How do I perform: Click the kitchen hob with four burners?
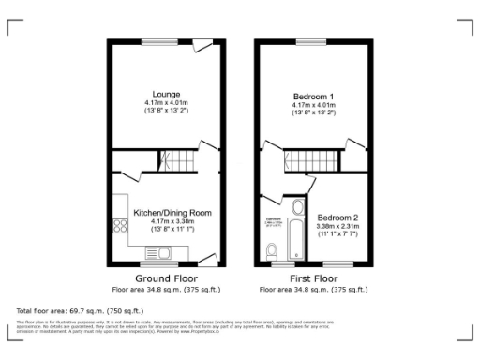(120, 225)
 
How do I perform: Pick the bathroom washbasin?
(298, 207)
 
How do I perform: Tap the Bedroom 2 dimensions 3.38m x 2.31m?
(338, 226)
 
